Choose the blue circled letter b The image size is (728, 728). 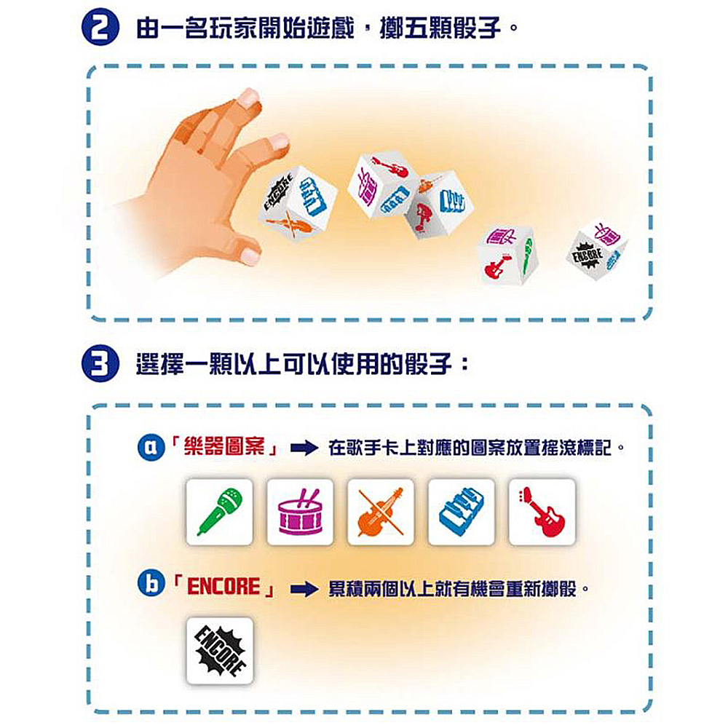click(149, 587)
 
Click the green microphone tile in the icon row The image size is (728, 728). click(220, 512)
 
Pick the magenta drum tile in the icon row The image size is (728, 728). click(300, 512)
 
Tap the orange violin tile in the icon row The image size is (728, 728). click(381, 512)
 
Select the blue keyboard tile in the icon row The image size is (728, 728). click(461, 512)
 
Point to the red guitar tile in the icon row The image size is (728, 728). click(542, 512)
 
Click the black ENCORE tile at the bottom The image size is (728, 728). click(220, 651)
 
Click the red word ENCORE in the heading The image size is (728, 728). click(223, 587)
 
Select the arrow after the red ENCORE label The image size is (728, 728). click(304, 589)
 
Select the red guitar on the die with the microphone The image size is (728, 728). click(496, 266)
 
